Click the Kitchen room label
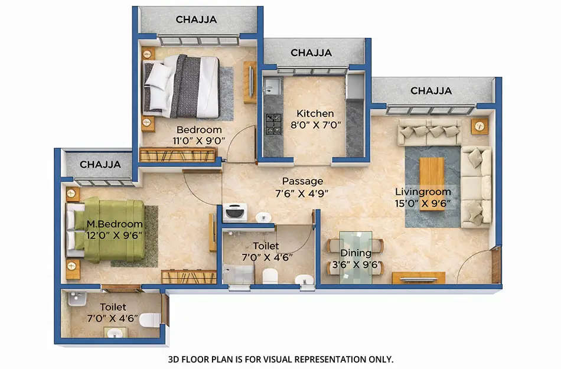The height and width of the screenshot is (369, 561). (x=315, y=113)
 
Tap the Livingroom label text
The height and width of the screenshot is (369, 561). (x=423, y=192)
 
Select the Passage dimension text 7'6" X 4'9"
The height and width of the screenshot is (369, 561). (x=302, y=192)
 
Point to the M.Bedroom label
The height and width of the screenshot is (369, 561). (x=115, y=224)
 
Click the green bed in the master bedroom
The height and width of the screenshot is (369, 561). (x=109, y=230)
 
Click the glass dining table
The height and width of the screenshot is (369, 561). (x=355, y=257)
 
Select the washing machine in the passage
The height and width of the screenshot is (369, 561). (x=234, y=212)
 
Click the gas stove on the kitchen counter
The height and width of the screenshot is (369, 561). (x=273, y=122)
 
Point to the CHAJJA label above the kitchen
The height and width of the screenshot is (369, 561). (x=311, y=53)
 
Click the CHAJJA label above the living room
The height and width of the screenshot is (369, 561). (x=431, y=91)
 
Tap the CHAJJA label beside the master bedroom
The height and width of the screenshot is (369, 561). (x=100, y=164)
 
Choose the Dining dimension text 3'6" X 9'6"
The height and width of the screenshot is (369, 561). (x=355, y=264)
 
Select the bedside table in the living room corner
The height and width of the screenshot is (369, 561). (x=480, y=125)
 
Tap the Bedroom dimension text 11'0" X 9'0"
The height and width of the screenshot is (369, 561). (x=199, y=141)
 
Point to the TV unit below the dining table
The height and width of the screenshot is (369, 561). (x=419, y=278)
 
